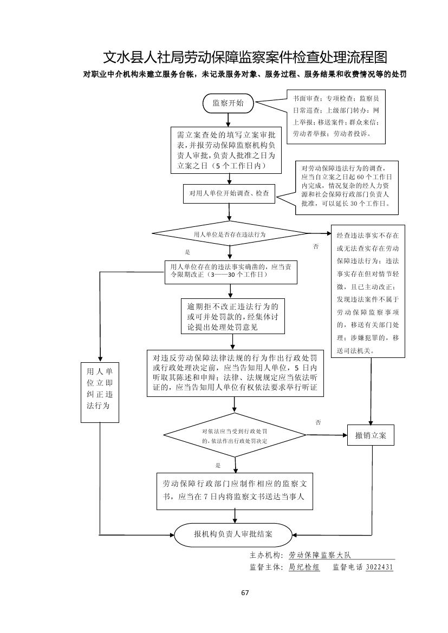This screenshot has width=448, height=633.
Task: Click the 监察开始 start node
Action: [x=228, y=103]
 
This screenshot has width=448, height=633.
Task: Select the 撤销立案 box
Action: [x=371, y=435]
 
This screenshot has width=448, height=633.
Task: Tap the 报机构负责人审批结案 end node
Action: [x=233, y=534]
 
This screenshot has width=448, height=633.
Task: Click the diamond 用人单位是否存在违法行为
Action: [x=230, y=234]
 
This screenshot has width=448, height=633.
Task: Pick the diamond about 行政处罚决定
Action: [x=235, y=435]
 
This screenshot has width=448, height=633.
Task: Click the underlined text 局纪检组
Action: [x=304, y=567]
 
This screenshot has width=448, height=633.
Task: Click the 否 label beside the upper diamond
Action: [x=316, y=247]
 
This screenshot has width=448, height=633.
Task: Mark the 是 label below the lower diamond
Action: [x=218, y=465]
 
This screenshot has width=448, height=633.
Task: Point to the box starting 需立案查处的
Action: [x=226, y=150]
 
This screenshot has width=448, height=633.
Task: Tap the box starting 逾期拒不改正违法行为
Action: [x=233, y=317]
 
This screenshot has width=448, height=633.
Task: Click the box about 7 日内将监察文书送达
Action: [x=236, y=491]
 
